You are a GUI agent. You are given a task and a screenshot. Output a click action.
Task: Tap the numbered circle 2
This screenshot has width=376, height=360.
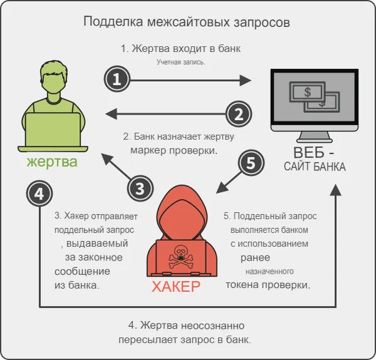coord(238,114)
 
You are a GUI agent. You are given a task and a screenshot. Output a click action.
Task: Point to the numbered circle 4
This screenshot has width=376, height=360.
coord(39,194)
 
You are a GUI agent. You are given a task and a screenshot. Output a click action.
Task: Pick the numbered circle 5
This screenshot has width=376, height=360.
coord(251,163)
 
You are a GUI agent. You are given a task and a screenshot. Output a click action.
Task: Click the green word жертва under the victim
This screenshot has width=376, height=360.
coord(52,162)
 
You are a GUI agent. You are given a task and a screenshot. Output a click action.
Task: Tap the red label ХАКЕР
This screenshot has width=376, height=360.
coord(176,287)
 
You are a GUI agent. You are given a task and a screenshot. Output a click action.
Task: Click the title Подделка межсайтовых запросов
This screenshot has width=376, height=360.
coord(187,23)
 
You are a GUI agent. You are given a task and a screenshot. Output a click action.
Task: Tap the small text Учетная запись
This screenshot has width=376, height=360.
coord(181,63)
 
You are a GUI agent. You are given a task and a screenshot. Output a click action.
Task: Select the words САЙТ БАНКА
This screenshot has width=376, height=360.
coord(315,167)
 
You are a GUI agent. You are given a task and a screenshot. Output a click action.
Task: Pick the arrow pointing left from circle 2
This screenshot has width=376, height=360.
coord(166,113)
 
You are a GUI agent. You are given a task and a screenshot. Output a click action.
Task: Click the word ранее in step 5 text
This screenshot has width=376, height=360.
coord(255,258)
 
